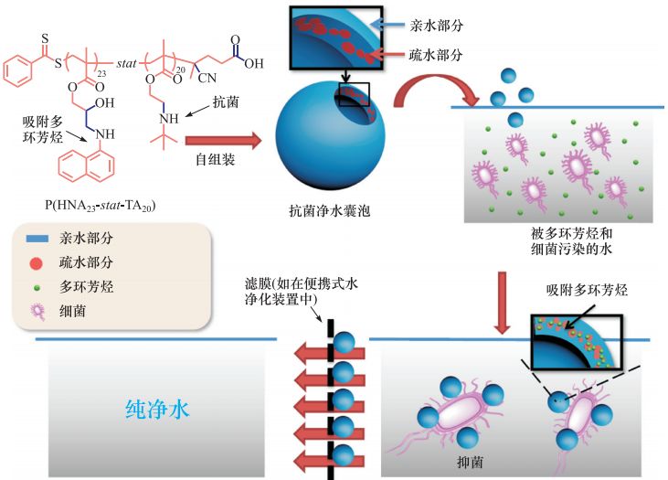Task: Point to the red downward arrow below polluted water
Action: pos(503,303)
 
